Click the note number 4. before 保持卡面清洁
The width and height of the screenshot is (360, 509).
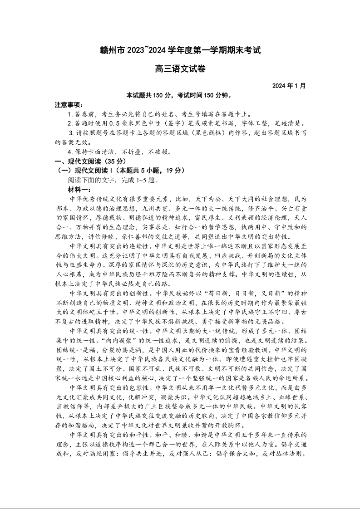(70, 152)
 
